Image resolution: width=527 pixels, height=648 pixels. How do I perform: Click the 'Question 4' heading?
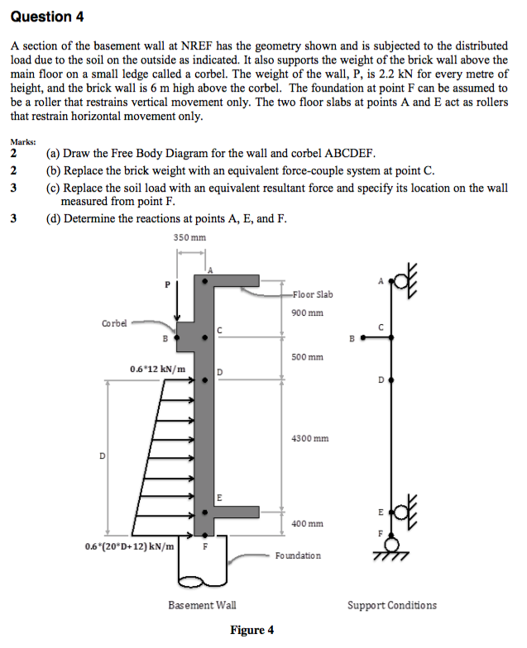pos(46,17)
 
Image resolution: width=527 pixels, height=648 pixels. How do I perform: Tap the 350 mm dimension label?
pos(189,238)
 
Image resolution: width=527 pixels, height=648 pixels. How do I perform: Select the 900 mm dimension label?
pos(308,312)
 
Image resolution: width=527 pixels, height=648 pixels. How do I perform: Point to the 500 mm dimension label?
pos(308,357)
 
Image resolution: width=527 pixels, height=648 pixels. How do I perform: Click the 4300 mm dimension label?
pos(309,438)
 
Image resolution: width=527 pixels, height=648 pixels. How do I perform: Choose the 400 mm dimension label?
pos(308,524)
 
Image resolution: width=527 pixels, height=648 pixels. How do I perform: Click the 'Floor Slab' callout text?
pos(313,294)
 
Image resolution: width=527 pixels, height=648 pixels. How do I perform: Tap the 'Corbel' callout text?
pos(114,323)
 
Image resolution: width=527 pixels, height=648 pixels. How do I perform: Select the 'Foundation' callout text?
pos(298,555)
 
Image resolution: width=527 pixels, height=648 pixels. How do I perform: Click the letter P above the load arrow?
pos(167,284)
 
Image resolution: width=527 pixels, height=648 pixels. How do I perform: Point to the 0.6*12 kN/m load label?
pos(157,369)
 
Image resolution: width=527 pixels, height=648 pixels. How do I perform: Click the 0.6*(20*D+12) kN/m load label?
pos(129,547)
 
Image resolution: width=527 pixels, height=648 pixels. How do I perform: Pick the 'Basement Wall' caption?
pos(202,605)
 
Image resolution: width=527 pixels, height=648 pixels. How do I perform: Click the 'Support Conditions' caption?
pos(392,605)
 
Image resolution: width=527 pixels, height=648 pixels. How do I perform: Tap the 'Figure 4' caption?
pos(252,630)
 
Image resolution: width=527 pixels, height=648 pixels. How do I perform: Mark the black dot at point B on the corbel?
pos(177,337)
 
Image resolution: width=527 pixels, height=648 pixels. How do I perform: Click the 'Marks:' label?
pos(23,142)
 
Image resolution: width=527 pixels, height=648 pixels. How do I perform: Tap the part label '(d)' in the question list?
pos(53,218)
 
